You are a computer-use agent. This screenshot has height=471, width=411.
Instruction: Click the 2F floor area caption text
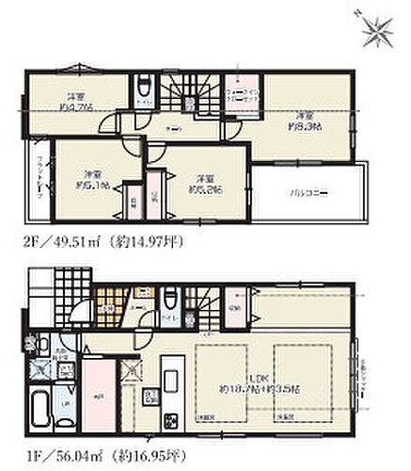[x=103, y=241]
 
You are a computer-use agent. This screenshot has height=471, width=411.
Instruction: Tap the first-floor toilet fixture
[x=170, y=303]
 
